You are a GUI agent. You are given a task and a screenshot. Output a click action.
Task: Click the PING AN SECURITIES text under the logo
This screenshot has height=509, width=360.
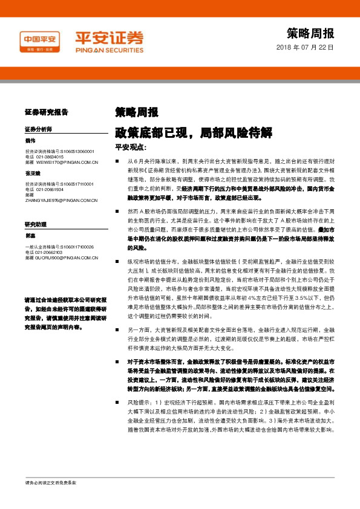109,49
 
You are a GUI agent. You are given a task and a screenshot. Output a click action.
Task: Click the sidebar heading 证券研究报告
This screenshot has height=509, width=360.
47,112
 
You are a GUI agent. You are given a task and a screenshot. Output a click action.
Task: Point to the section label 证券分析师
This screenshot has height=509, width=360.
39,129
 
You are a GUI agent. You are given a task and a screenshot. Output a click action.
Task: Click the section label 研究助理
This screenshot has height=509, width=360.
36,224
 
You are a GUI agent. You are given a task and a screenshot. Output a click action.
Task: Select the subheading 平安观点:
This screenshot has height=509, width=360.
131,148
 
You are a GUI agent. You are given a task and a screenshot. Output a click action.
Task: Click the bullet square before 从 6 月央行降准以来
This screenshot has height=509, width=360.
117,163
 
